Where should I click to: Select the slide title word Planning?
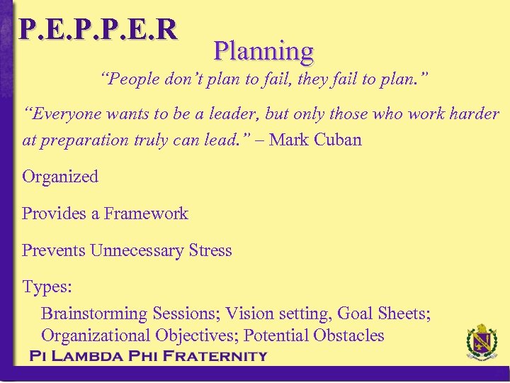point(263,51)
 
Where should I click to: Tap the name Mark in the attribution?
point(288,140)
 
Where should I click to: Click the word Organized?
point(60,177)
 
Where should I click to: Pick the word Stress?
point(210,250)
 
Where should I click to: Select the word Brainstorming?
point(93,313)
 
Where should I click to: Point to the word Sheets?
point(406,313)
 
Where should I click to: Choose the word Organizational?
point(93,335)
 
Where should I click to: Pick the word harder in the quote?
point(474,114)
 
